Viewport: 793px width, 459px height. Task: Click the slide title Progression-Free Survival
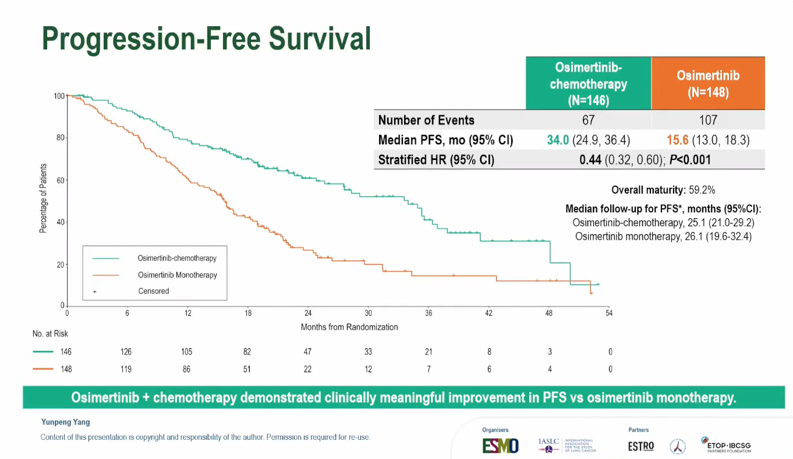206,38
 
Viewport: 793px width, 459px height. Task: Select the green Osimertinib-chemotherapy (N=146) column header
588,84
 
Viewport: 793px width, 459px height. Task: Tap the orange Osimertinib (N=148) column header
707,84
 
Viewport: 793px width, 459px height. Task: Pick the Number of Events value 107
707,120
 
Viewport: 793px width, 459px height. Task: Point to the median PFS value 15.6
678,140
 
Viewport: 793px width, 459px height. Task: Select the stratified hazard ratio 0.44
590,160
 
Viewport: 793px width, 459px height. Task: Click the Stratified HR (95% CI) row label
436,160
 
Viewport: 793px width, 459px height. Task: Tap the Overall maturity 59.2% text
663,190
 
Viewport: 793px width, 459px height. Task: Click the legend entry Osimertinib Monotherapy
177,275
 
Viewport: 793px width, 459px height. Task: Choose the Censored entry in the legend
154,291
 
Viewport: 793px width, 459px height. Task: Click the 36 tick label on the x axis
429,314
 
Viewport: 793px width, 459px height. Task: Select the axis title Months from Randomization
349,327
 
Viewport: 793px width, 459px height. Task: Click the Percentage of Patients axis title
43,199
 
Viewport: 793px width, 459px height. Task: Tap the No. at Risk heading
50,334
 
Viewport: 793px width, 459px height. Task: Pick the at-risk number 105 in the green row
186,352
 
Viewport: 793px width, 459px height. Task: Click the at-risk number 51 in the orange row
247,369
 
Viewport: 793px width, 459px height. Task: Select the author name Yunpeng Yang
65,422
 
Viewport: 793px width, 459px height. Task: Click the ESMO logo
500,446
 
